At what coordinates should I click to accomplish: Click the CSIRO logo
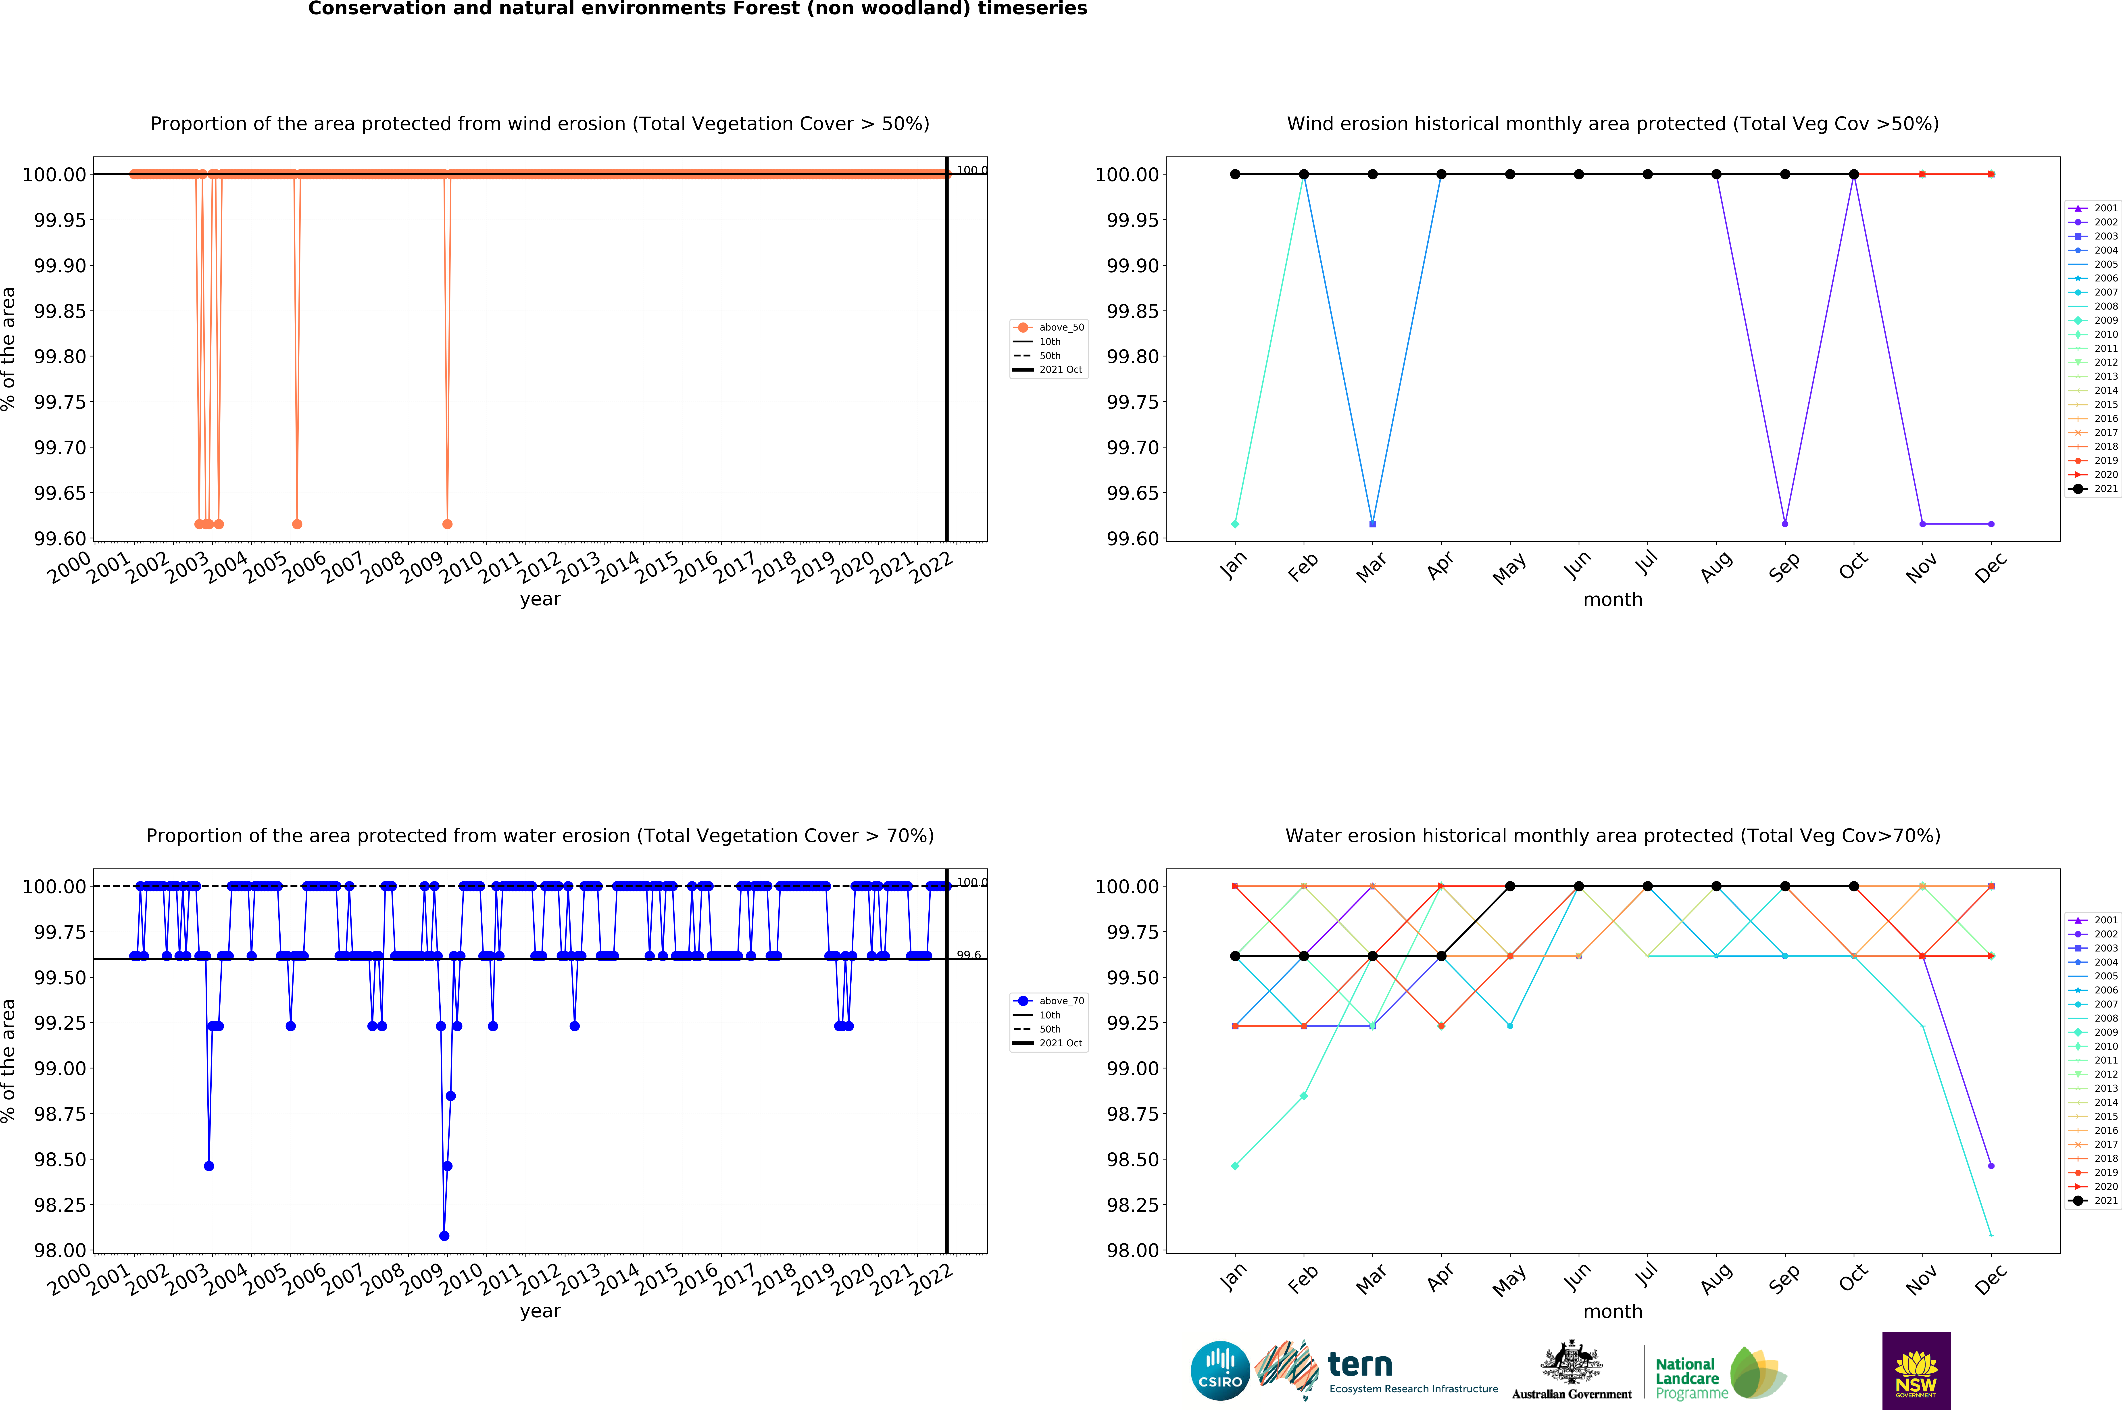pos(1220,1370)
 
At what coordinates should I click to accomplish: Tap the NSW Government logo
pos(1916,1370)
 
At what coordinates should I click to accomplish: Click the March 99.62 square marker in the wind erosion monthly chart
pos(1373,524)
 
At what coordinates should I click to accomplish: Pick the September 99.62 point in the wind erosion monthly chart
pos(1784,524)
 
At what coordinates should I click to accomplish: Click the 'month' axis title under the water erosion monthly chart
pos(1613,1312)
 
